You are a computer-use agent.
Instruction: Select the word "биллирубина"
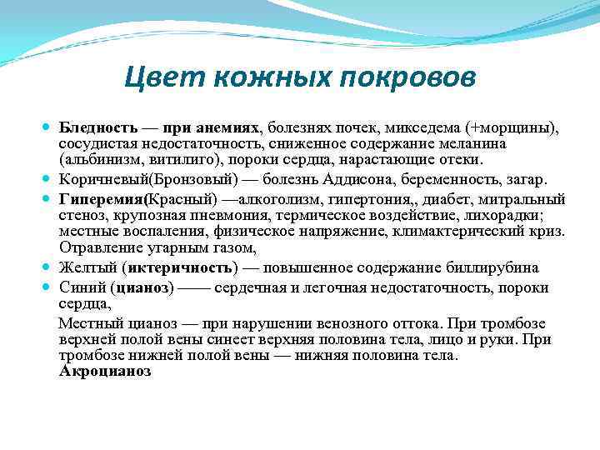click(x=496, y=267)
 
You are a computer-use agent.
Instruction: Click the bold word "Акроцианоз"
click(x=105, y=371)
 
